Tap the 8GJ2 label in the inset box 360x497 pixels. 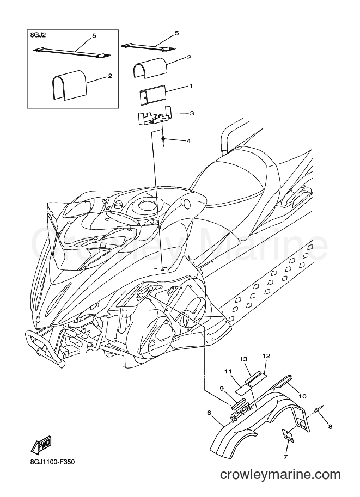(38, 35)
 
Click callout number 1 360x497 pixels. (191, 86)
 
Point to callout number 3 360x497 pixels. (192, 113)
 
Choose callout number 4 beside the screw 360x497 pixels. (189, 141)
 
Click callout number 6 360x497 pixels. (209, 413)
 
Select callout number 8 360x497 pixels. (330, 427)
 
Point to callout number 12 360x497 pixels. (266, 356)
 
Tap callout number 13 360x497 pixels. (243, 359)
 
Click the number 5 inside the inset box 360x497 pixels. (94, 36)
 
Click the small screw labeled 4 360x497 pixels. (163, 141)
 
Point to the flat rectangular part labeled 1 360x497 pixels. (153, 95)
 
